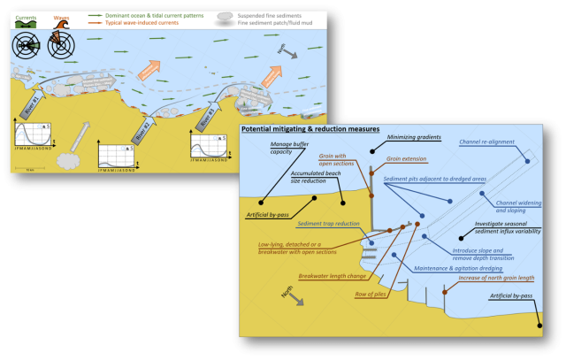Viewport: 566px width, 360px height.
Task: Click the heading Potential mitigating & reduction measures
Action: [x=310, y=129]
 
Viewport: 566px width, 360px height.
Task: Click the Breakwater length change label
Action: [x=332, y=276]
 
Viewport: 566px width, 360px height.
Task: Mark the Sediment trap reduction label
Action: [x=328, y=224]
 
